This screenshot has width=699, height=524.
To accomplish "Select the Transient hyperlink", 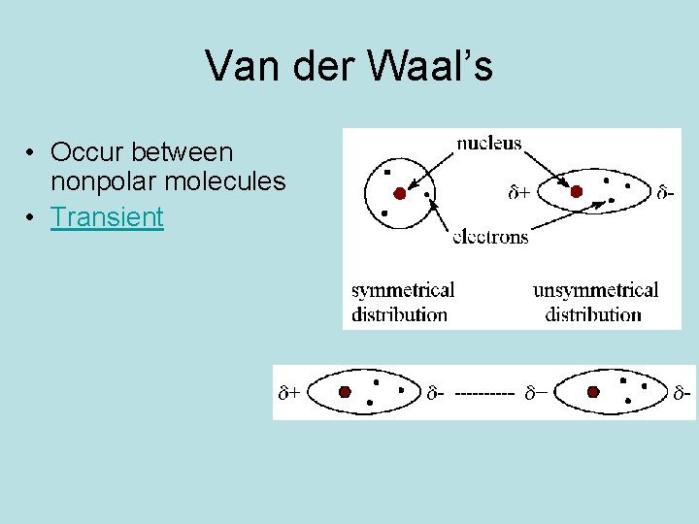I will (x=108, y=216).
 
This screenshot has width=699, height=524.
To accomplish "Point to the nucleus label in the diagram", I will (x=489, y=144).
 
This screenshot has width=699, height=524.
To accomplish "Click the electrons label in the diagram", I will (x=490, y=237).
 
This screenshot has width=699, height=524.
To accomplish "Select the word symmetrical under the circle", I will (x=403, y=290).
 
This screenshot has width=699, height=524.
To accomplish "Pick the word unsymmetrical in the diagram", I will (x=595, y=290).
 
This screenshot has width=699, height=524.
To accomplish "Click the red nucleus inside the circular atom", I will (x=400, y=193).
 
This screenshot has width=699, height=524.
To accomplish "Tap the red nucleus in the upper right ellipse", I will (x=576, y=192).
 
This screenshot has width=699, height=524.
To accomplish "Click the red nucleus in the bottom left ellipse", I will (x=345, y=392).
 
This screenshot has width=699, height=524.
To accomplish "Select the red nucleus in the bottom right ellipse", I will (x=594, y=392).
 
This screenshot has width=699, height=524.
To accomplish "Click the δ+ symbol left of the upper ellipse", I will (x=519, y=193).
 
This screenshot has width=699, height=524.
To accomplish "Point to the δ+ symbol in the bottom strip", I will (x=288, y=393).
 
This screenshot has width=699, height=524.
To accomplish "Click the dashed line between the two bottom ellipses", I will (x=483, y=393).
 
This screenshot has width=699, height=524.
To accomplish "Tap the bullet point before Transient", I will (x=32, y=217).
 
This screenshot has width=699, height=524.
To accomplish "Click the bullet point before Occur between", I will (x=32, y=153).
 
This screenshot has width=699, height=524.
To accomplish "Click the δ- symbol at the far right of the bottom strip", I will (x=682, y=393).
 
